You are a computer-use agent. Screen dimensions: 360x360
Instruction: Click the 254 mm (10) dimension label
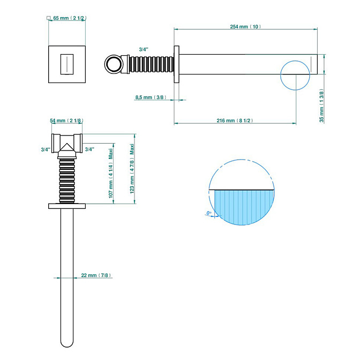[x=245, y=27]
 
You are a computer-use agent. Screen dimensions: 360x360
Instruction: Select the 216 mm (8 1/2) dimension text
[x=235, y=121]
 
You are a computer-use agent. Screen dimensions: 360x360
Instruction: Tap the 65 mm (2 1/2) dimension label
[x=70, y=18]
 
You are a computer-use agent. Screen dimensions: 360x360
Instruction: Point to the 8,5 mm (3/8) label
[x=151, y=97]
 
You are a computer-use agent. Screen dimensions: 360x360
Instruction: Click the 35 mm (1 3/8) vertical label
[x=321, y=106]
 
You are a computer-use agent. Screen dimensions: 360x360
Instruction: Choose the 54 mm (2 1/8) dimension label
[x=66, y=121]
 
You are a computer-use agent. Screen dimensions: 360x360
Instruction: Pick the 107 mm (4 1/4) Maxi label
[x=111, y=173]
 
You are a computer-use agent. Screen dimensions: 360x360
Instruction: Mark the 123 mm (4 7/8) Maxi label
[x=132, y=169]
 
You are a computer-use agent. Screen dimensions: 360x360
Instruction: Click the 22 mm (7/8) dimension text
[x=96, y=275]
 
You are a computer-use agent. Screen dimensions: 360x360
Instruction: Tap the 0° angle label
[x=209, y=213]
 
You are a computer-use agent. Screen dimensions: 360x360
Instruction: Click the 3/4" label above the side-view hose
[x=144, y=49]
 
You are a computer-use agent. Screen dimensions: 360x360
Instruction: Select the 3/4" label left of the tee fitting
[x=46, y=149]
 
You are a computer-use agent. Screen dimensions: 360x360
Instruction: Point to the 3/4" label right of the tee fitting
[x=89, y=149]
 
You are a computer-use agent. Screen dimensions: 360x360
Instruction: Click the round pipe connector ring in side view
[x=114, y=64]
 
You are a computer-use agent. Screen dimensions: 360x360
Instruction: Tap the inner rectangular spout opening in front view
[x=67, y=64]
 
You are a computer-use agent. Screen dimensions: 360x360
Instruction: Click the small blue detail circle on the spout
[x=295, y=75]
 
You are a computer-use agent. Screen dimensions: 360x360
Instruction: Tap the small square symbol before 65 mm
[x=48, y=18]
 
